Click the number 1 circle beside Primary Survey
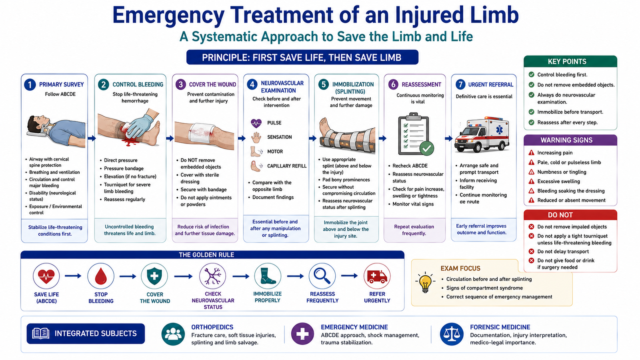pyautogui.click(x=30, y=84)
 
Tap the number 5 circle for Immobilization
pyautogui.click(x=324, y=84)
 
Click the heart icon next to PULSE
pyautogui.click(x=256, y=123)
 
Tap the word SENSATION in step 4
pyautogui.click(x=280, y=137)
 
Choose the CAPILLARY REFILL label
pyautogui.click(x=287, y=166)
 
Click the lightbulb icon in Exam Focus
pyautogui.click(x=425, y=282)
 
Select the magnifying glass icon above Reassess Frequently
pyautogui.click(x=322, y=276)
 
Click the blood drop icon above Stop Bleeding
pyautogui.click(x=100, y=276)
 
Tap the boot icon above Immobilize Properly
pyautogui.click(x=268, y=276)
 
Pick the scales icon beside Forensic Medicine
pyautogui.click(x=452, y=334)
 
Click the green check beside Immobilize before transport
pyautogui.click(x=532, y=112)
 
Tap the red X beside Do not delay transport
pyautogui.click(x=532, y=252)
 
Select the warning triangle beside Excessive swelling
pyautogui.click(x=532, y=182)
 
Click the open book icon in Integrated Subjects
pyautogui.click(x=40, y=334)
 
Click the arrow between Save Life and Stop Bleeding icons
pyautogui.click(x=73, y=276)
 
